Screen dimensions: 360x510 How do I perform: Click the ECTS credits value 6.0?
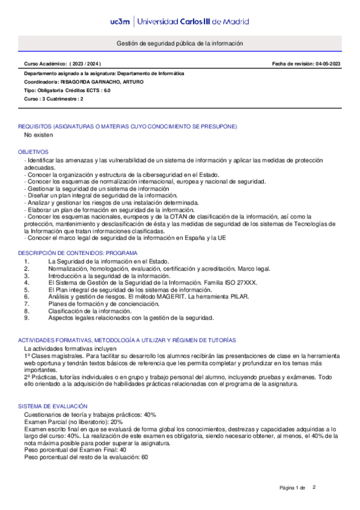[107, 90]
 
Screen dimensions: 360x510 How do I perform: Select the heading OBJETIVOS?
[33, 152]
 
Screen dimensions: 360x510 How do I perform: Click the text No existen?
[38, 135]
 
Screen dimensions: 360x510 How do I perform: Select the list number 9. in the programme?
[26, 318]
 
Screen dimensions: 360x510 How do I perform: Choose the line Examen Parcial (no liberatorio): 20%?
[73, 422]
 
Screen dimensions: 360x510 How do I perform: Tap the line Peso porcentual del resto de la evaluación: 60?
[86, 457]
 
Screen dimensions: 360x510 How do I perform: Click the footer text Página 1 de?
[293, 487]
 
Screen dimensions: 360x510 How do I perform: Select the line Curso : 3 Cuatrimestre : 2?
[53, 99]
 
